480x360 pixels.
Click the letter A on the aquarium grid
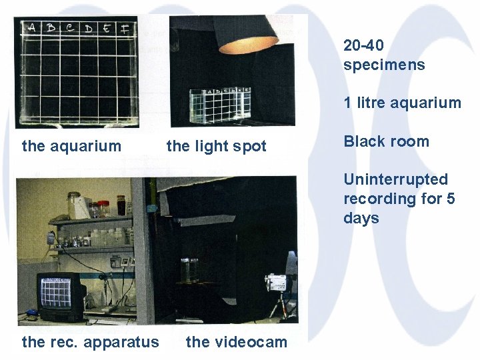[31, 28]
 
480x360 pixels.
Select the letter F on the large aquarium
[126, 29]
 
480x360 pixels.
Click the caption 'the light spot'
[216, 146]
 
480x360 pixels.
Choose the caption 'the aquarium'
[72, 146]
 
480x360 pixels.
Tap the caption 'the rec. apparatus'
[91, 342]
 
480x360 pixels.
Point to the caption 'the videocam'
[237, 342]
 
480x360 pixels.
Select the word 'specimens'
[384, 65]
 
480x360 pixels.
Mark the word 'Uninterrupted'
[395, 179]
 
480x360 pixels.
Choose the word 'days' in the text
[361, 218]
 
